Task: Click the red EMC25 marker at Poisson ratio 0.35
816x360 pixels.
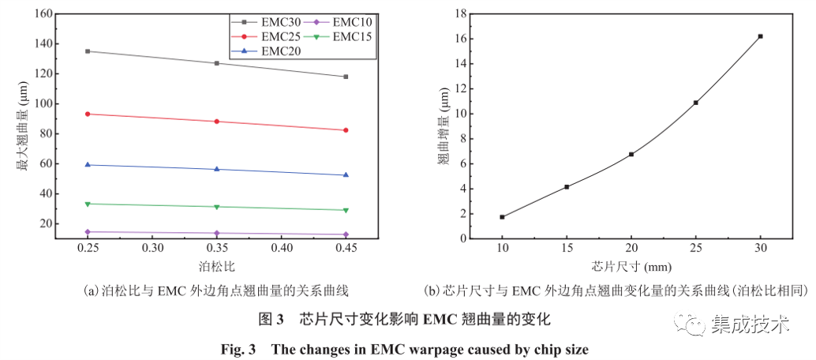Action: click(216, 122)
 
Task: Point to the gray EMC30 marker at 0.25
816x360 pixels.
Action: click(88, 51)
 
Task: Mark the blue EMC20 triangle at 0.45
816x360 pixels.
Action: click(346, 175)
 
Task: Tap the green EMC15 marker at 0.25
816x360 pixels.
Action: click(88, 204)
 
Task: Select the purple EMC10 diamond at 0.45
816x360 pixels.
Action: click(346, 234)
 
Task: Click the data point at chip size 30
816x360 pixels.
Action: click(760, 36)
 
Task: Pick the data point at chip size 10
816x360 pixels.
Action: click(502, 217)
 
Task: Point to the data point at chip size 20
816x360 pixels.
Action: click(631, 154)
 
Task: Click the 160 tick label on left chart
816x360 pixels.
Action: click(43, 14)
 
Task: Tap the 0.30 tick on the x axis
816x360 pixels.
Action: click(152, 248)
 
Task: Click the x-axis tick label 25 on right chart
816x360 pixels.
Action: click(695, 248)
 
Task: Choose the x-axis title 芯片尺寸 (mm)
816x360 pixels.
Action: click(631, 265)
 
